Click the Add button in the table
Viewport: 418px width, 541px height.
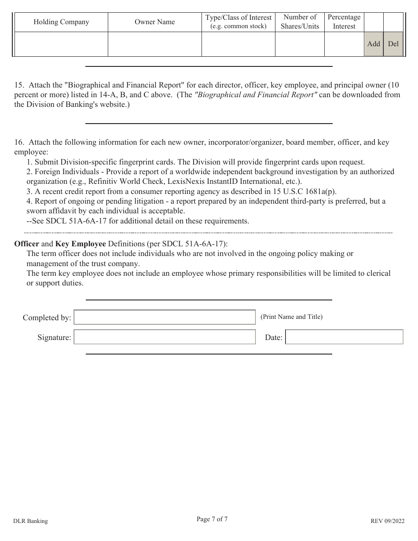(x=374, y=44)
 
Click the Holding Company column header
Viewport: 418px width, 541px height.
(x=61, y=22)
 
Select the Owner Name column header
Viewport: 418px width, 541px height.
(x=154, y=22)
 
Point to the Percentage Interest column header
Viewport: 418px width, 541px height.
(x=344, y=22)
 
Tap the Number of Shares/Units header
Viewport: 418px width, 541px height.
(x=300, y=22)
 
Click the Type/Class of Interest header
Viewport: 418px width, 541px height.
(x=238, y=22)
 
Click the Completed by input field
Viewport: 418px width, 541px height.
(x=165, y=317)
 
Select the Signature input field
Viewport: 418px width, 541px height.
(x=165, y=337)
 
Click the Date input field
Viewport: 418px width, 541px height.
(x=344, y=337)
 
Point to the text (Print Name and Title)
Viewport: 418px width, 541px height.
(x=291, y=317)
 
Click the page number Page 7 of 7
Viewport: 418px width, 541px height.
(x=212, y=519)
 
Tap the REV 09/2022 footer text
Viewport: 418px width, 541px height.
(x=387, y=521)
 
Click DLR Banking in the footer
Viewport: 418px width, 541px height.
(x=31, y=521)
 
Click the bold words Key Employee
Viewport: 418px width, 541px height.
(x=81, y=244)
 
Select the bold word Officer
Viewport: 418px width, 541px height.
(x=26, y=244)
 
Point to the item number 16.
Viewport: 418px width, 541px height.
(x=18, y=143)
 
